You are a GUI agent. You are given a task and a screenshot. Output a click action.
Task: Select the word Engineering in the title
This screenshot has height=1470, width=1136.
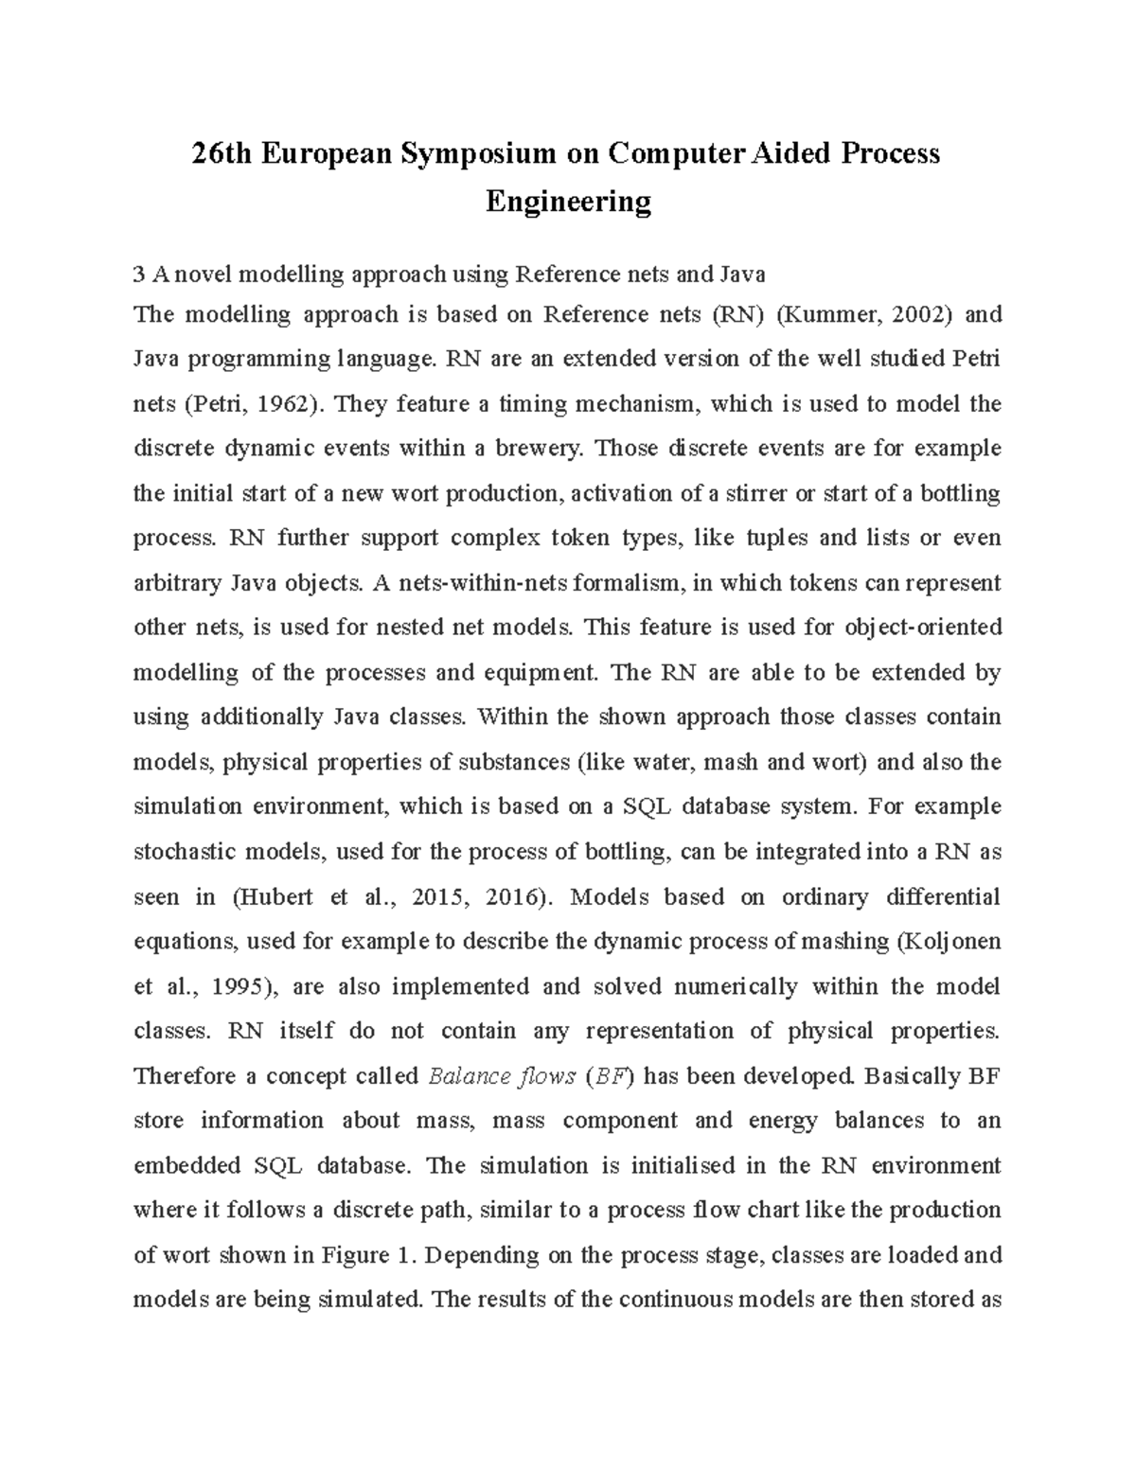[568, 202]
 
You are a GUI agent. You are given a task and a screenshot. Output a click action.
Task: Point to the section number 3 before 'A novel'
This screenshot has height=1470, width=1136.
[139, 275]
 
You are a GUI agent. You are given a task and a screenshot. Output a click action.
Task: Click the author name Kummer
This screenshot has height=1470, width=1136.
[817, 314]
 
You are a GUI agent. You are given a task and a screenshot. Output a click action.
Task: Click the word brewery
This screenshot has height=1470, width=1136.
[537, 448]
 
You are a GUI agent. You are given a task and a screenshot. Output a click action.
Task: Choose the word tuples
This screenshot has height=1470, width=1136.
[777, 538]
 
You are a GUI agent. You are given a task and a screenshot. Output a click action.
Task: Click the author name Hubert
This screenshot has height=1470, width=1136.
[272, 896]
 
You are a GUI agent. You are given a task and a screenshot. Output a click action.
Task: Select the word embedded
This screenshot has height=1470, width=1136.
[186, 1165]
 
